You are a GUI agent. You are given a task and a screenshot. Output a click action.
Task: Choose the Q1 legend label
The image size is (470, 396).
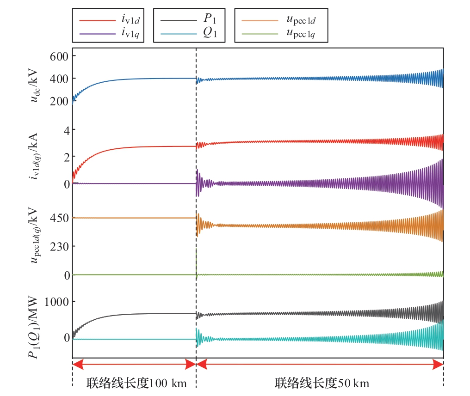coord(209,33)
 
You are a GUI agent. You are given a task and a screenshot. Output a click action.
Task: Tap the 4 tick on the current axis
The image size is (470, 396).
coord(66,130)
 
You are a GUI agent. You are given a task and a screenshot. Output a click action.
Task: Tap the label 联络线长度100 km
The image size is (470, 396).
coord(137,383)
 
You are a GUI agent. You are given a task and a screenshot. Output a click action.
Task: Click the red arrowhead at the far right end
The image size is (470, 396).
coord(439,365)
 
